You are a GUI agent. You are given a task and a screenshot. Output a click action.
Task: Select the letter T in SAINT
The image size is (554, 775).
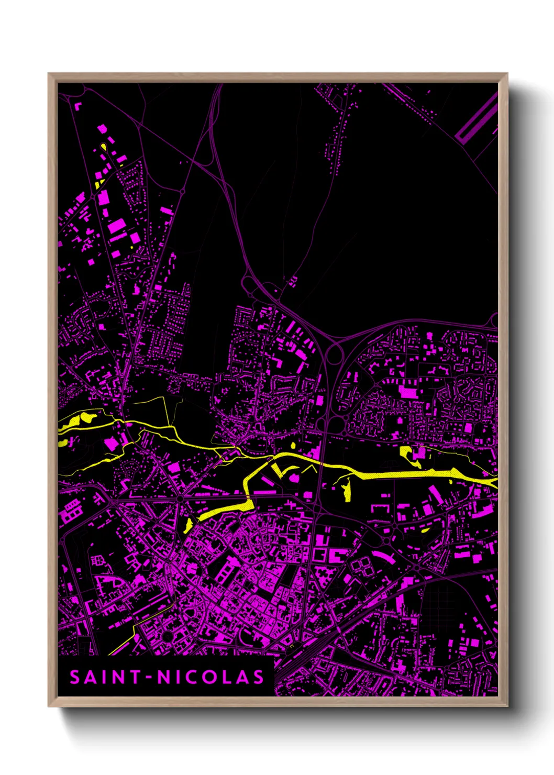[x=135, y=678]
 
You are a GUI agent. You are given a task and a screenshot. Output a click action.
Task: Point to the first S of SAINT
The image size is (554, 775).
[x=75, y=678]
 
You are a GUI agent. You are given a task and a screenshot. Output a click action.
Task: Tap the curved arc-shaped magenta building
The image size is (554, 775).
[x=384, y=557]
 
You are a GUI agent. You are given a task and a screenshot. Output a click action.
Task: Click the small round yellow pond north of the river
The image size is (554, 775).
[x=293, y=445]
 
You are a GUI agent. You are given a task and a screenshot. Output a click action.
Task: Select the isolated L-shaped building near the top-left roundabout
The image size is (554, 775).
[x=79, y=106]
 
